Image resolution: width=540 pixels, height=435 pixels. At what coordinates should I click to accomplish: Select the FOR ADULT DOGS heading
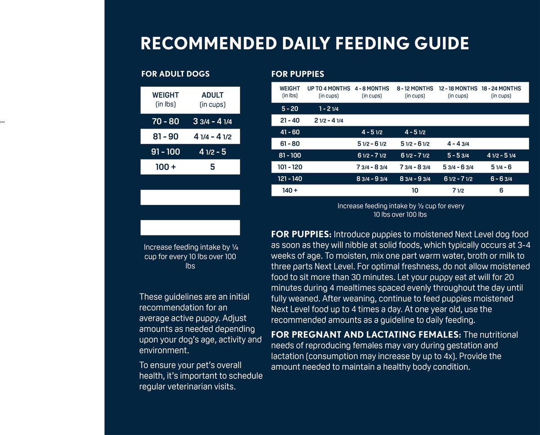(175, 74)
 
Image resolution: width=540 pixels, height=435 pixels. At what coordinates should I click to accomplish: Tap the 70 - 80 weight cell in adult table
(165, 121)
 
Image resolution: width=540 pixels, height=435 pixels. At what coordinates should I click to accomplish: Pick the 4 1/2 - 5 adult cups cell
(212, 152)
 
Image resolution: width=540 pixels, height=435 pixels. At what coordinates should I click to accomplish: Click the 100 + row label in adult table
(165, 167)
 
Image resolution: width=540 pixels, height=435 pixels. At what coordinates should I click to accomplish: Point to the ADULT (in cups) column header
(212, 99)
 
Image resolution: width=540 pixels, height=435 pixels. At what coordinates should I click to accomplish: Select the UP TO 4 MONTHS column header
(328, 92)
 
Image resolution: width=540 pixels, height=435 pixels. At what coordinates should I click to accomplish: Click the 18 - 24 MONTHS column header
(501, 92)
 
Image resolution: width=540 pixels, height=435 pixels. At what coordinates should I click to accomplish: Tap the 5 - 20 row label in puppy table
(289, 109)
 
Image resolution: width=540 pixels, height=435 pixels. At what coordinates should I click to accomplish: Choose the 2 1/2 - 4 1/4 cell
(328, 120)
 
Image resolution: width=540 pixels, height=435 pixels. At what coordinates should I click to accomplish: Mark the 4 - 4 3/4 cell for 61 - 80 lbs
(458, 144)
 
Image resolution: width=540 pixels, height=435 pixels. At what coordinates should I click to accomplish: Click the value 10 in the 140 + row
(415, 191)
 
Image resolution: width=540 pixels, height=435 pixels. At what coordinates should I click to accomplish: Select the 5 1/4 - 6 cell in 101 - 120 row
(501, 167)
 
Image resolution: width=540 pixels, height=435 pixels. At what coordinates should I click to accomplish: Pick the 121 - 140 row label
(290, 179)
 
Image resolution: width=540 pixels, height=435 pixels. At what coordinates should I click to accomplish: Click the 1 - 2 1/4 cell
(328, 109)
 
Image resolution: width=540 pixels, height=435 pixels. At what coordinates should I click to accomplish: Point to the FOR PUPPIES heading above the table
(297, 74)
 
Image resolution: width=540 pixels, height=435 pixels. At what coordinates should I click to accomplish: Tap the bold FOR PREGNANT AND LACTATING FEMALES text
(366, 335)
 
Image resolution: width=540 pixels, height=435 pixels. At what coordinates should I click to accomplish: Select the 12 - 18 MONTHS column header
(458, 92)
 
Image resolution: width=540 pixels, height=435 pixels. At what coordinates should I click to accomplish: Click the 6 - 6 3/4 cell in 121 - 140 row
(501, 179)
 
